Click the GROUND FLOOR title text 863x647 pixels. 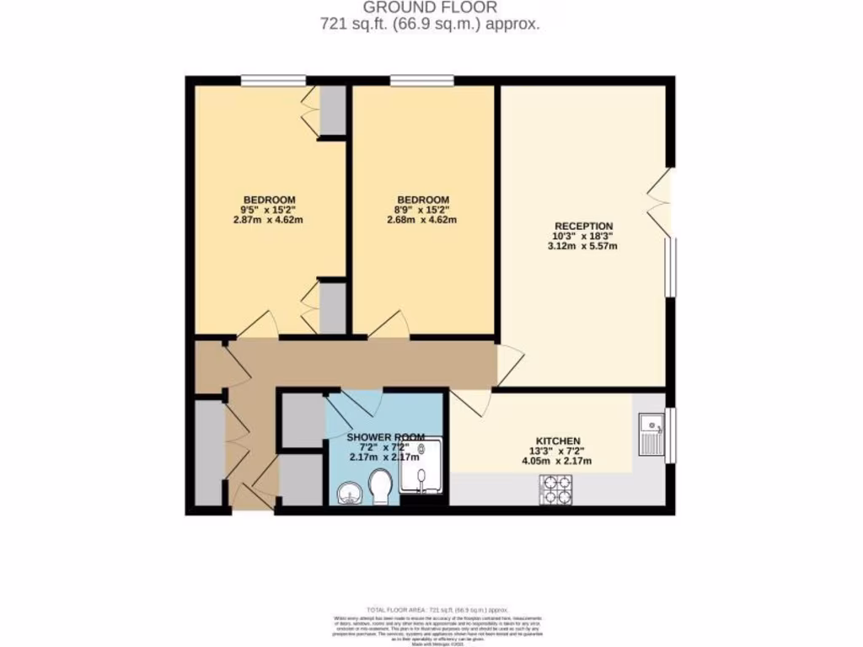pos(430,8)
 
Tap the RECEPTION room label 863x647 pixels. pos(582,226)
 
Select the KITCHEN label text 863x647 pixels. pos(558,441)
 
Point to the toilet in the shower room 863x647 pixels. pos(380,487)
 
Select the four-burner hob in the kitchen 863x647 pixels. pos(556,489)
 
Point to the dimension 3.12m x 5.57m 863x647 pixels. pos(582,246)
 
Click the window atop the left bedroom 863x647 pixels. pos(273,81)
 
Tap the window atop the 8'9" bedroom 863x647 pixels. pos(421,81)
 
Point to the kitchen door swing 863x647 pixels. pos(473,403)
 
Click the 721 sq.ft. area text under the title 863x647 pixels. pos(430,24)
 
